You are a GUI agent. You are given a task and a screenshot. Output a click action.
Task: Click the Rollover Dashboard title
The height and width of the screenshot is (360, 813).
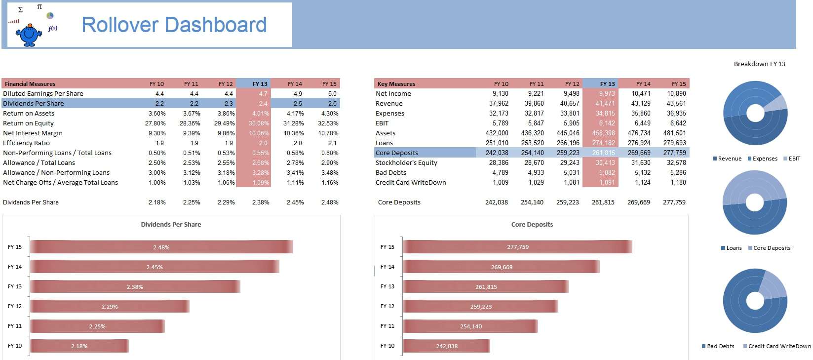click(174, 25)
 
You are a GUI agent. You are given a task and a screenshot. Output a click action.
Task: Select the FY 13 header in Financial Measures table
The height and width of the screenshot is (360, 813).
click(260, 83)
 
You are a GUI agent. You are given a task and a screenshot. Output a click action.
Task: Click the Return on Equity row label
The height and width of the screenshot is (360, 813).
click(29, 123)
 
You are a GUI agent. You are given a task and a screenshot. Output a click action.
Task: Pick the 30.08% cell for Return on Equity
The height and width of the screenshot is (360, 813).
click(259, 123)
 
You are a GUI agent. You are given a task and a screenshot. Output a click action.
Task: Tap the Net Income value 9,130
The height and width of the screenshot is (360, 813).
click(500, 93)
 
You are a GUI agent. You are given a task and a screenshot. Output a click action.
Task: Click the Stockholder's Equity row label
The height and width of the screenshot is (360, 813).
click(406, 162)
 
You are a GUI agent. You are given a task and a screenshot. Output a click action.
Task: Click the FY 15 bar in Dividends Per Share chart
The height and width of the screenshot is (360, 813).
click(161, 247)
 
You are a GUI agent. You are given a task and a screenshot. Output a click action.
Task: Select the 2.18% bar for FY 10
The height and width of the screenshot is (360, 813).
click(79, 346)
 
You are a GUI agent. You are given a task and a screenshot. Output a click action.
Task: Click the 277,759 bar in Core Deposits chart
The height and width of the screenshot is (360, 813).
click(517, 247)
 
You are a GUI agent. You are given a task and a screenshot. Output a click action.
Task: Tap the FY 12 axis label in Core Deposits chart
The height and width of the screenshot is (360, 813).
click(387, 306)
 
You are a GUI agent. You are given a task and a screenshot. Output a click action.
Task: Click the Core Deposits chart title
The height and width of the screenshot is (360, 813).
click(532, 224)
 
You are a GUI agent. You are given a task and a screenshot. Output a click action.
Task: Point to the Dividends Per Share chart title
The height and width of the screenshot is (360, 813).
click(171, 224)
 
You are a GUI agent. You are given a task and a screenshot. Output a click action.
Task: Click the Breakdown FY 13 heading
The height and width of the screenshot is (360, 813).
click(759, 64)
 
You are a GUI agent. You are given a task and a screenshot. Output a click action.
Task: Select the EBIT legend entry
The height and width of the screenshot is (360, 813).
click(791, 159)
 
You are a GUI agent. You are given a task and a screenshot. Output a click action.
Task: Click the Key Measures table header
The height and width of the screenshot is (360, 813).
click(396, 83)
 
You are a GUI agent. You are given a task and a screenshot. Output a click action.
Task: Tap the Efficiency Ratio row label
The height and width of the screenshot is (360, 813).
click(27, 143)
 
